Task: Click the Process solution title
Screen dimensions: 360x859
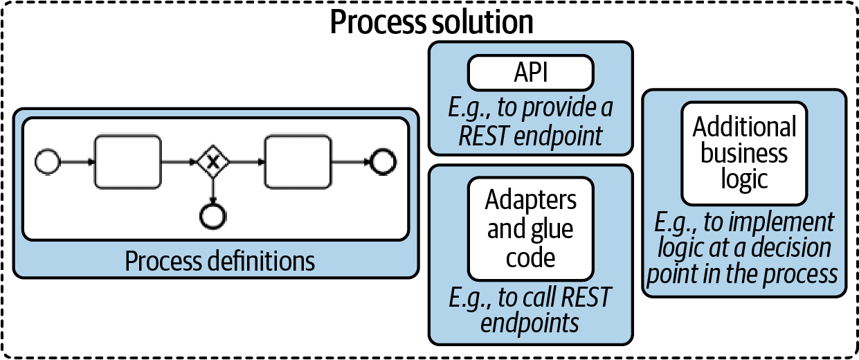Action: coord(431,22)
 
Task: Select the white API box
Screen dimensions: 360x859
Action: coord(530,73)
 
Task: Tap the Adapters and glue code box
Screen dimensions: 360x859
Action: coord(530,228)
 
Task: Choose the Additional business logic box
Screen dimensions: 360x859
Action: coord(744,152)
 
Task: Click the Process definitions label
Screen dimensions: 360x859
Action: coord(219,262)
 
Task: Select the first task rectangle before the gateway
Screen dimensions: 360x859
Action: coord(127,162)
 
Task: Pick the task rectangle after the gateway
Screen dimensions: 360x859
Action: coord(298,162)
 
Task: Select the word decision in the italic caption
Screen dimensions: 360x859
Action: coord(789,249)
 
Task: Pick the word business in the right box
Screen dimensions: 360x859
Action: coord(744,153)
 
